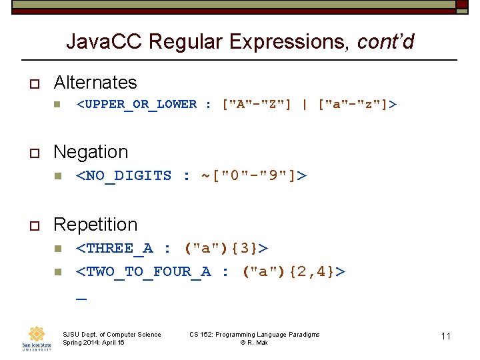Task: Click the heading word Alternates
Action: click(95, 83)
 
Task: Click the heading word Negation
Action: click(90, 152)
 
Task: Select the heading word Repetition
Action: click(95, 225)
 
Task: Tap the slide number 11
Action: click(446, 336)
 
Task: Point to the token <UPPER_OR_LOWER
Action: click(137, 105)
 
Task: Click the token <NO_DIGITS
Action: click(124, 176)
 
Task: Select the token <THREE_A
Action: click(114, 249)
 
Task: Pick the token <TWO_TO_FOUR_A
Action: click(143, 271)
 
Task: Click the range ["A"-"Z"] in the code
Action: click(257, 105)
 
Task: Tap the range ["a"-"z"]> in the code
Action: click(357, 105)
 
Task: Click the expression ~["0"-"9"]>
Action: click(254, 176)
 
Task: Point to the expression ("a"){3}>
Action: click(226, 249)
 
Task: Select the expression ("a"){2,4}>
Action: click(294, 271)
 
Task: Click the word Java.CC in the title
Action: click(105, 42)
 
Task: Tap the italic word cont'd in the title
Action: click(385, 42)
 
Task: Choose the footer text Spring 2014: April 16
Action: click(93, 343)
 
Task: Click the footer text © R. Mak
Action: click(254, 343)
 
